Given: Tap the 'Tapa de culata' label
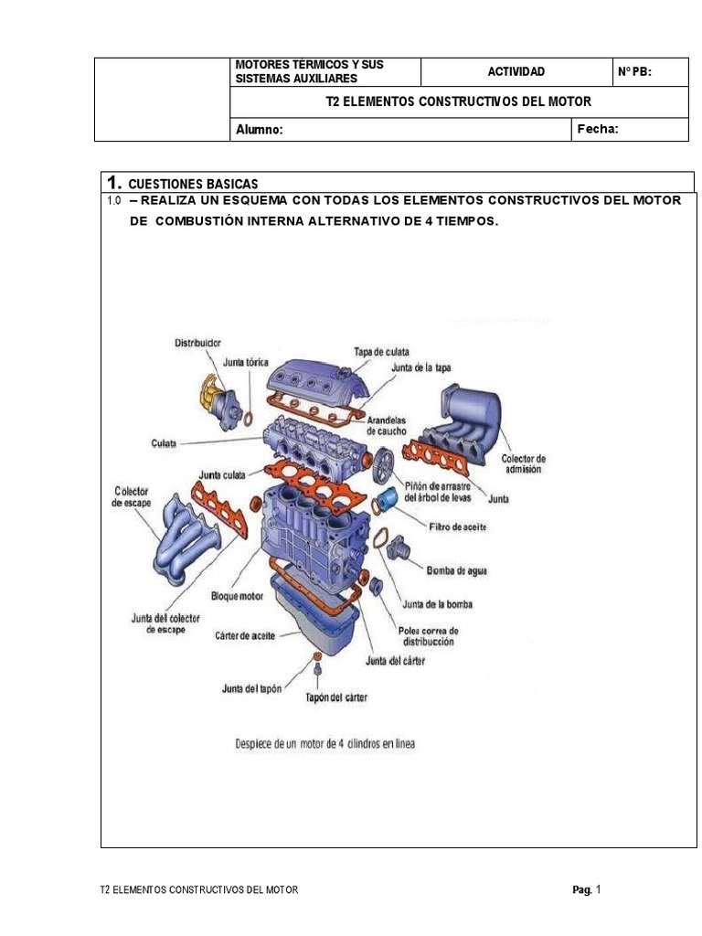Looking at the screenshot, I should click(381, 351).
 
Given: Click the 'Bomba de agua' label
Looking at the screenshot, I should click(457, 570).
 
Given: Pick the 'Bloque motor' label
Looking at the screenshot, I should click(237, 596).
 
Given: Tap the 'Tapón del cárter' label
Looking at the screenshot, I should click(336, 698).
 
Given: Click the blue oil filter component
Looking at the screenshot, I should click(389, 499).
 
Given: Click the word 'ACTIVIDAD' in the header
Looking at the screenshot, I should click(516, 71).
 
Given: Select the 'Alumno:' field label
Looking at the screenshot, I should click(260, 130).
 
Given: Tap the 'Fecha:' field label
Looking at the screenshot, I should click(598, 129).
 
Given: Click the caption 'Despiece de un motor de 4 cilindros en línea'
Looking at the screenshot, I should click(317, 743).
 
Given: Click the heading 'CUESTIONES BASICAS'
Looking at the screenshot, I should click(193, 183).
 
